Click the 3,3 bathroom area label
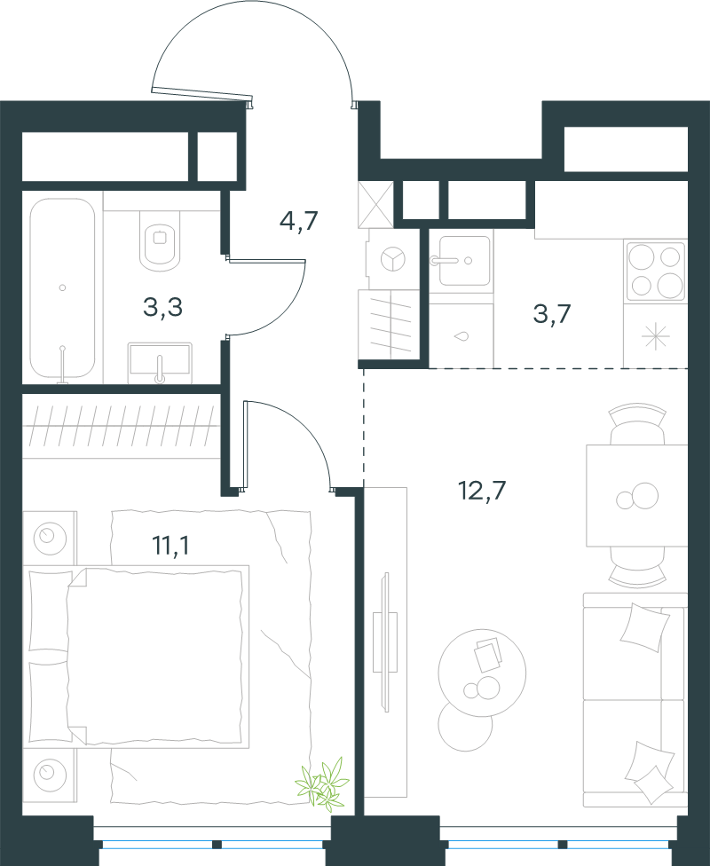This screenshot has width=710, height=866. click(163, 308)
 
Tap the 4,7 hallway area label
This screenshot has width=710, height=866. click(299, 222)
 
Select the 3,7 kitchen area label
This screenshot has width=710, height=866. click(551, 314)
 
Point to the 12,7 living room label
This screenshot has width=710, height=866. click(482, 490)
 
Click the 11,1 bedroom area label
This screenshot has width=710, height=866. click(170, 546)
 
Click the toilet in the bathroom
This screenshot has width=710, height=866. click(161, 240)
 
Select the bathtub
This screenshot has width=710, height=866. click(62, 287)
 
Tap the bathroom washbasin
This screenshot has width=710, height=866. click(160, 362)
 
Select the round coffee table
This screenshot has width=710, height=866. click(482, 673)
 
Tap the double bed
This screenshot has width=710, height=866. click(136, 657)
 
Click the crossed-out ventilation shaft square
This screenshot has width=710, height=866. click(375, 204)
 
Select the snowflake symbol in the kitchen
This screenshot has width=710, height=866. click(655, 335)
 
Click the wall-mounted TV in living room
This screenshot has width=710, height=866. click(386, 642)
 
